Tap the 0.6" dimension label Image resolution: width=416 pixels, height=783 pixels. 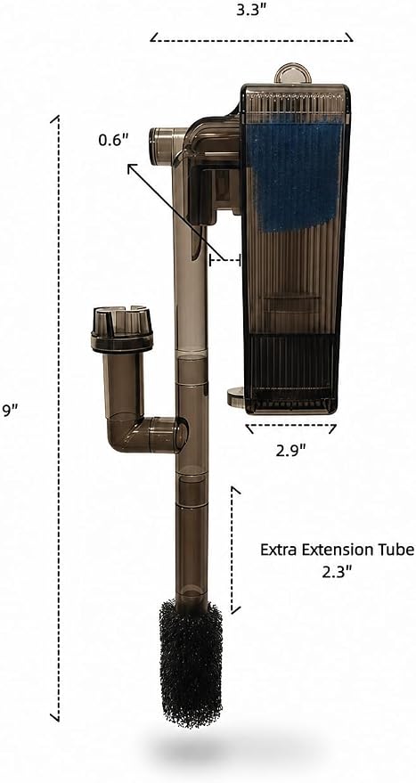point(114,141)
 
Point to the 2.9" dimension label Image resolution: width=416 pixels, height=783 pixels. point(290,451)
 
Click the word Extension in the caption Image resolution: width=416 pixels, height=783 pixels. point(335,550)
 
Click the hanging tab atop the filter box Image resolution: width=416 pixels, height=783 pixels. point(293,73)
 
